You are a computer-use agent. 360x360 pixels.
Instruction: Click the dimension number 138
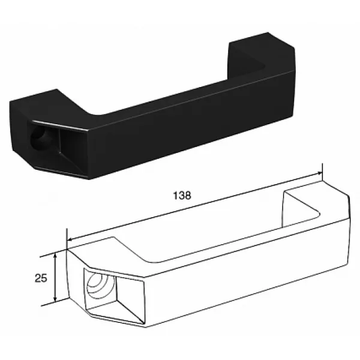(182, 196)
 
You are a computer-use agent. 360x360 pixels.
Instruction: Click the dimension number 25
(41, 278)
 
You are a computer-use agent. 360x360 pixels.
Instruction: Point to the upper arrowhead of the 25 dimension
(55, 256)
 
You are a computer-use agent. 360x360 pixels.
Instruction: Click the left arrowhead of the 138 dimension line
(70, 239)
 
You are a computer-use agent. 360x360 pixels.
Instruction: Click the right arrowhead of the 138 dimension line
(319, 173)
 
